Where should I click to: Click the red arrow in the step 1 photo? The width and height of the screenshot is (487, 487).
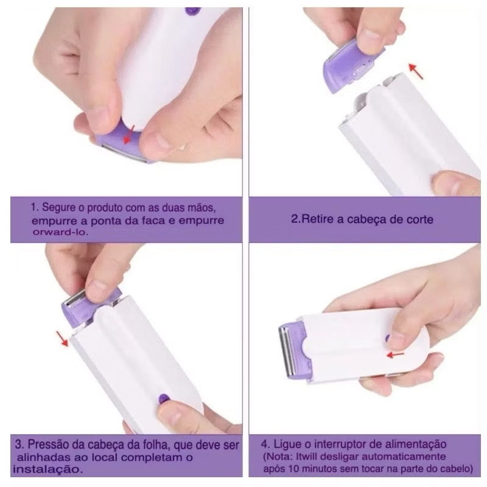(128, 135)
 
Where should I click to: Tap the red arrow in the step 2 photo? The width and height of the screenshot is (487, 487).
(416, 71)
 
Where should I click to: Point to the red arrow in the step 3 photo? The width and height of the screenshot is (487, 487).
(62, 338)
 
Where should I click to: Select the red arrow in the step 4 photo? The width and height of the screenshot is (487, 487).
(395, 354)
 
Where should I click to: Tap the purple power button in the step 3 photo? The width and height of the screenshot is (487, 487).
(163, 399)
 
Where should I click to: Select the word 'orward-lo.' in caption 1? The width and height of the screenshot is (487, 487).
(60, 232)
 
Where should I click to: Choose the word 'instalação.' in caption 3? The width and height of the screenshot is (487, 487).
(48, 469)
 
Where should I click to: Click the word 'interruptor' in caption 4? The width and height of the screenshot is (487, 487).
(345, 444)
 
